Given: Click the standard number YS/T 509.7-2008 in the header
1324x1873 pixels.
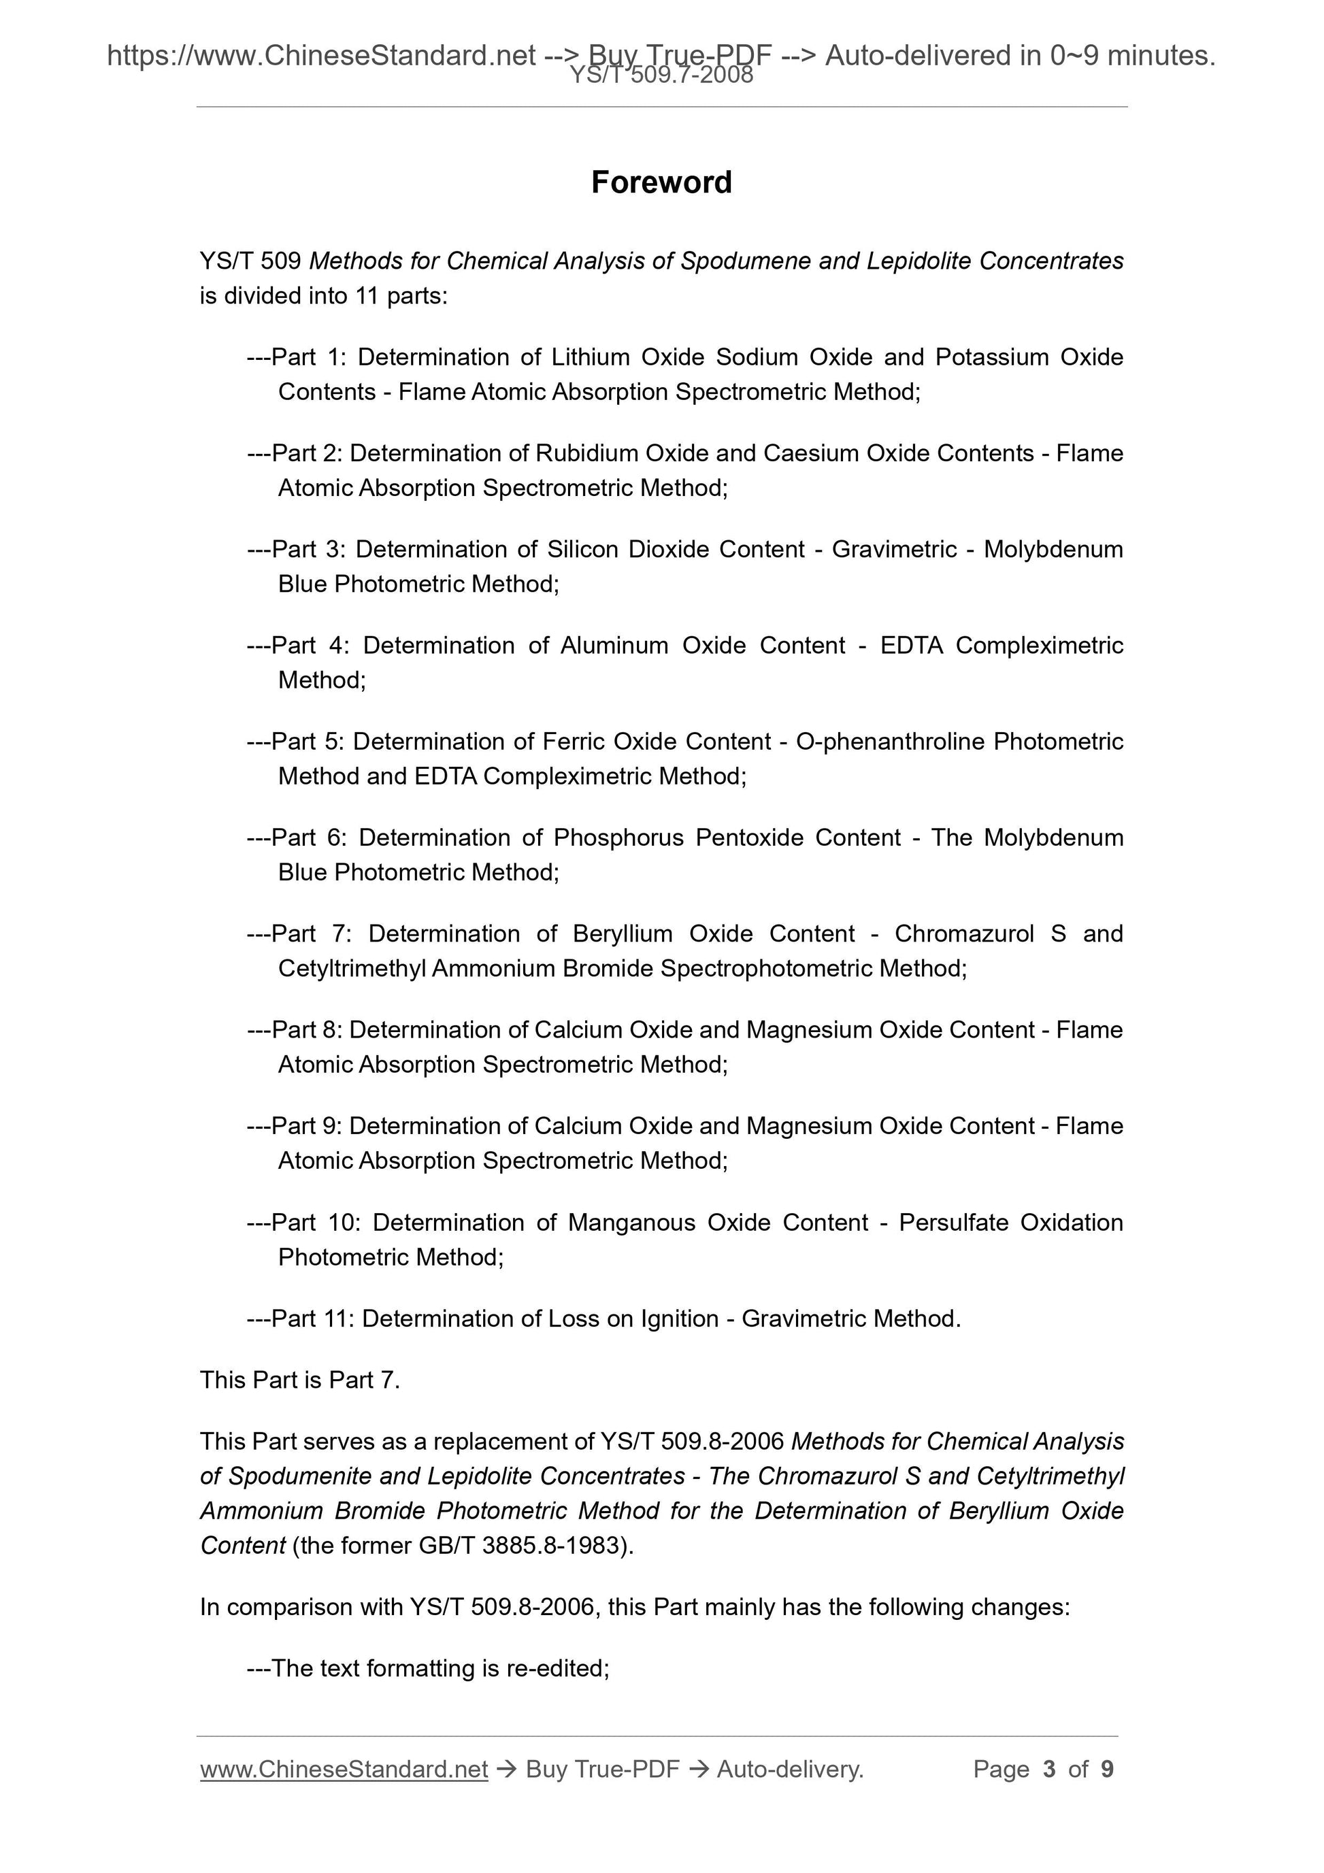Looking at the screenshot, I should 661,76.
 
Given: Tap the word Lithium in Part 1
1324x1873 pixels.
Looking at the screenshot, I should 590,357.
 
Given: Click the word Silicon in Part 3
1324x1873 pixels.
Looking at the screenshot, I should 580,550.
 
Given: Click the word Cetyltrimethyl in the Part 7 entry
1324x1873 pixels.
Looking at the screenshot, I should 352,969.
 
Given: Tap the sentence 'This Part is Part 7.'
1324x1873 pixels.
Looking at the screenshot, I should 300,1380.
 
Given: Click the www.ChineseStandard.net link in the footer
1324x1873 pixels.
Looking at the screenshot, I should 344,1770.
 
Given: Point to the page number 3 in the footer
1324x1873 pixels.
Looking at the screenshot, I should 1049,1770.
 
